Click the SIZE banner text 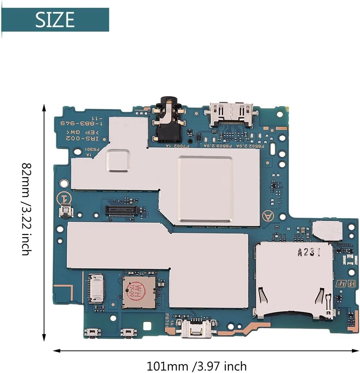coord(55,19)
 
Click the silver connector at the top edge coord(230,112)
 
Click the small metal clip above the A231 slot coord(327,231)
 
